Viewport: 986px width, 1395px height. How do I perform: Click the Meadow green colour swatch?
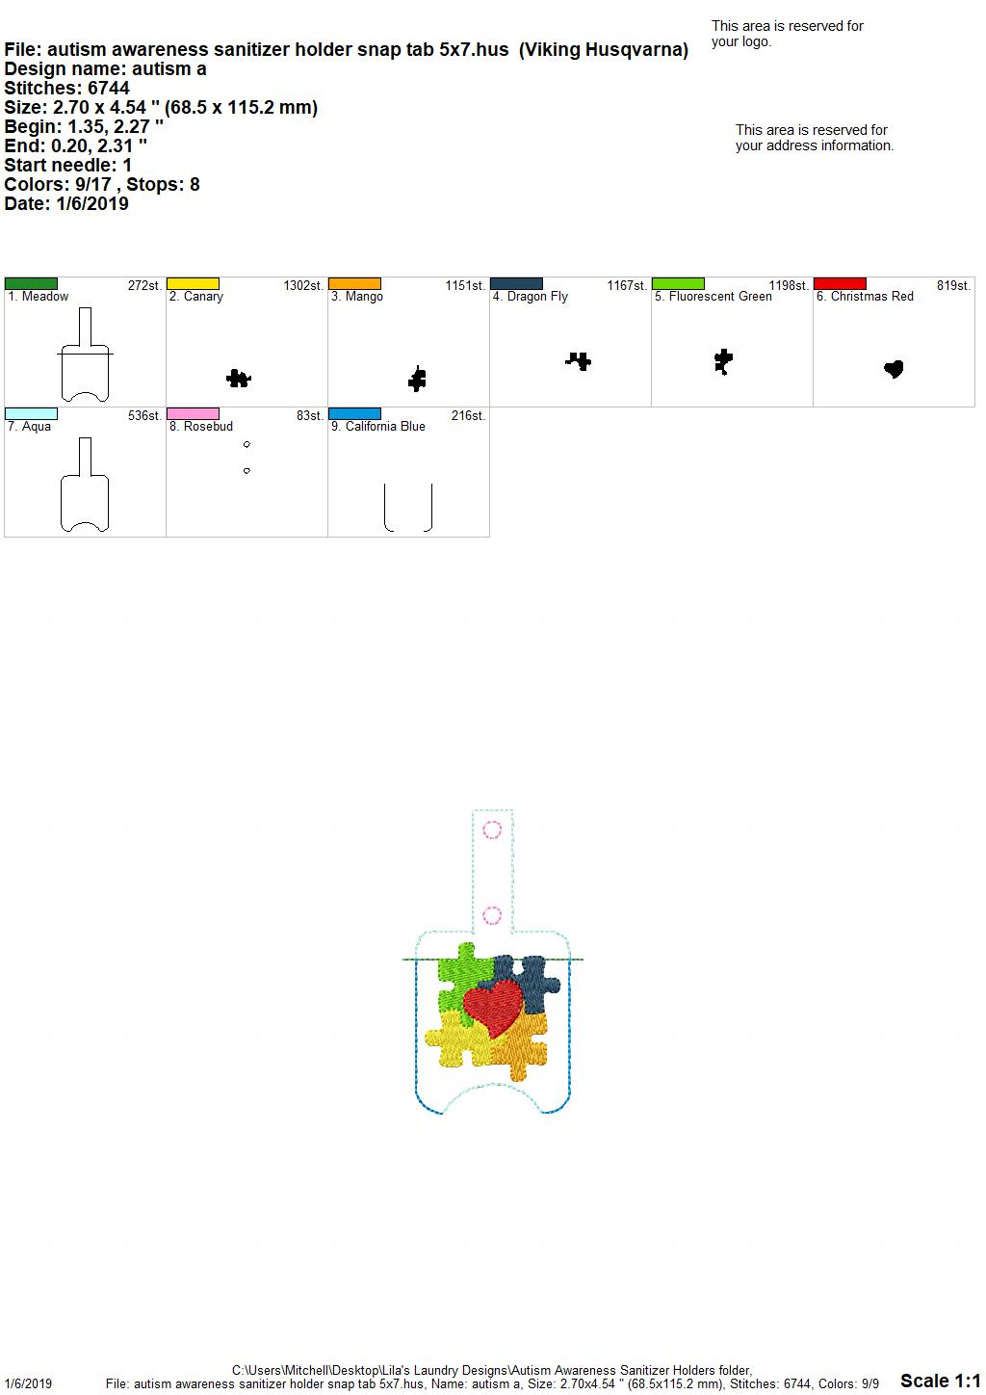(x=31, y=284)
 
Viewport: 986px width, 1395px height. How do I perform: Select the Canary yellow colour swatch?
(x=193, y=284)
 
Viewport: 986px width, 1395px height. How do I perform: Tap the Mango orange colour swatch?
(x=354, y=284)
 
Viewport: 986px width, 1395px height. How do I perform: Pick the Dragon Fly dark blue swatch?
(x=517, y=284)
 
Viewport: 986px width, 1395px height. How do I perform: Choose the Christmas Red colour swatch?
(x=840, y=284)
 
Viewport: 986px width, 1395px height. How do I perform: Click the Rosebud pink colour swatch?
(x=193, y=414)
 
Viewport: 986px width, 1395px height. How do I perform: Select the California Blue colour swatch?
(x=354, y=414)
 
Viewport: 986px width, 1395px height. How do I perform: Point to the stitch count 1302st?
(x=303, y=286)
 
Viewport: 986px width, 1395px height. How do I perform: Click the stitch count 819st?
(x=953, y=286)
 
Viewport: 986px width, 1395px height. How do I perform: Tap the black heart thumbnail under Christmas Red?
(x=894, y=369)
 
